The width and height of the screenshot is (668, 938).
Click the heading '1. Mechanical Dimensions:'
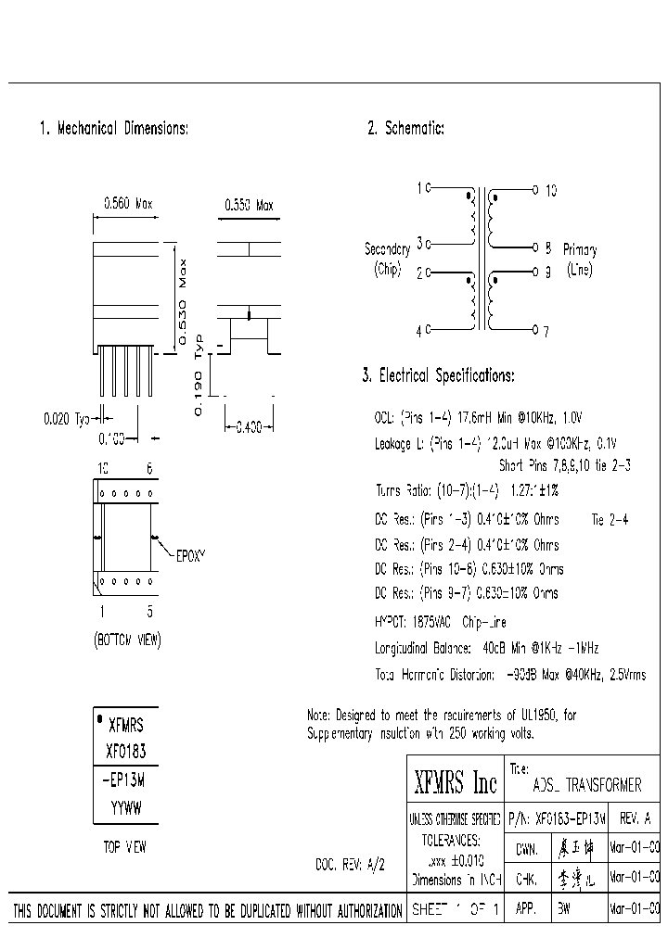(x=113, y=129)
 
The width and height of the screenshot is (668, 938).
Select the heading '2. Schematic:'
(x=405, y=129)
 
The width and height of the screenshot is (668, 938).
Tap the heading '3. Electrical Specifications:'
(x=437, y=375)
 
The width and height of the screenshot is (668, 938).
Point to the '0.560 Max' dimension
(x=128, y=205)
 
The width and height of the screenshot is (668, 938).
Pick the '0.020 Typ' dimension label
(x=67, y=419)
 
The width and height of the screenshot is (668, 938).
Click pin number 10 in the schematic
(x=550, y=190)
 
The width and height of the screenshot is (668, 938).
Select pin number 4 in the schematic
(x=419, y=330)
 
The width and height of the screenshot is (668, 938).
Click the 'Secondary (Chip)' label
(x=387, y=260)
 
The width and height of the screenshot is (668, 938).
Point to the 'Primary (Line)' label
(x=579, y=260)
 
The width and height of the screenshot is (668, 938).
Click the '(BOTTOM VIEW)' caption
(x=127, y=640)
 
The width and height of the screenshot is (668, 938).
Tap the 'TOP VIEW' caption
(x=124, y=846)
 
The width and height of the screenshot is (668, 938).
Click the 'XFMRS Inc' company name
(x=455, y=785)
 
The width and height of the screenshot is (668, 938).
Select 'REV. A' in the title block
(x=634, y=819)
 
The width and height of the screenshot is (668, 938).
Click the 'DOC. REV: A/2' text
(x=350, y=864)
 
